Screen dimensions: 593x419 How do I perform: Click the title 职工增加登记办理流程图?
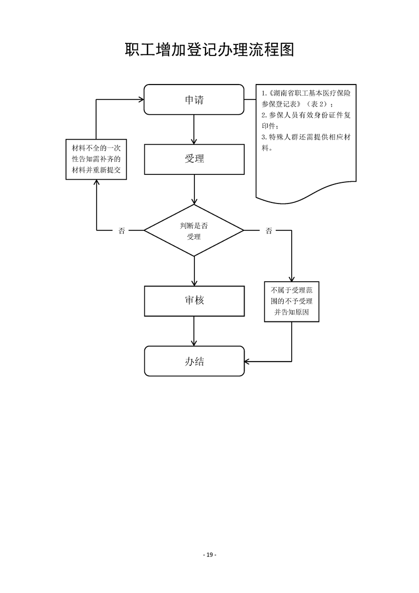tap(209, 50)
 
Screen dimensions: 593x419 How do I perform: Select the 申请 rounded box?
tap(194, 99)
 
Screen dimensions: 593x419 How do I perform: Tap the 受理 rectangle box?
tap(194, 159)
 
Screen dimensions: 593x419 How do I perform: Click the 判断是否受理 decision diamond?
tap(194, 230)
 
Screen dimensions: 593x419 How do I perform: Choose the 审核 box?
tap(194, 301)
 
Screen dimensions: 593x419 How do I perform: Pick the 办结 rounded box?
tap(194, 362)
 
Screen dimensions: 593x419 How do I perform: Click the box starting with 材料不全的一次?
tap(96, 159)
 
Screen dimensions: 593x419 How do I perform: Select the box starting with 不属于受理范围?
tap(292, 301)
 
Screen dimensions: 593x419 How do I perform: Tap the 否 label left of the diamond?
tap(122, 230)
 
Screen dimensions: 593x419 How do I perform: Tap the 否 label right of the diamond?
tap(269, 230)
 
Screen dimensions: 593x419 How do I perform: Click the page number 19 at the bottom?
tap(209, 554)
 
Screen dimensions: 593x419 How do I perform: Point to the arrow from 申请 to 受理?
tap(194, 129)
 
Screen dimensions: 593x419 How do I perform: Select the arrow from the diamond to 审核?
tap(194, 271)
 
